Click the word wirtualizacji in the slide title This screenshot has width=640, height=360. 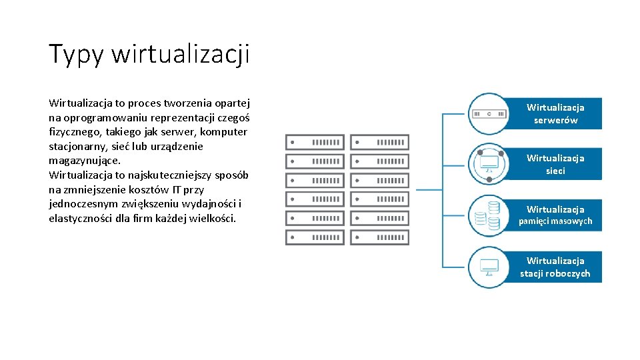click(x=181, y=54)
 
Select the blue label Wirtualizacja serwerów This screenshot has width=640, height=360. click(x=555, y=113)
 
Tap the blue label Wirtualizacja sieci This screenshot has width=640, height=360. click(x=555, y=164)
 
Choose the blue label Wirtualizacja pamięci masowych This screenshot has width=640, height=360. click(x=555, y=215)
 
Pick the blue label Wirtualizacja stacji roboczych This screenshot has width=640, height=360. click(x=555, y=267)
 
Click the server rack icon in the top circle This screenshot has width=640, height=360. click(x=489, y=114)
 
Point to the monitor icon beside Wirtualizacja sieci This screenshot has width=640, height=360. click(x=489, y=163)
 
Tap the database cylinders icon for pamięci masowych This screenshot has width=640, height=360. click(x=488, y=215)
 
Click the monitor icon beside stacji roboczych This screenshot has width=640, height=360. click(x=489, y=267)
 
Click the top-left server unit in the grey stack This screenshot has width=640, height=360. click(x=315, y=142)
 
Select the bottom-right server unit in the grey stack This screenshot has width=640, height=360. click(x=379, y=237)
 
